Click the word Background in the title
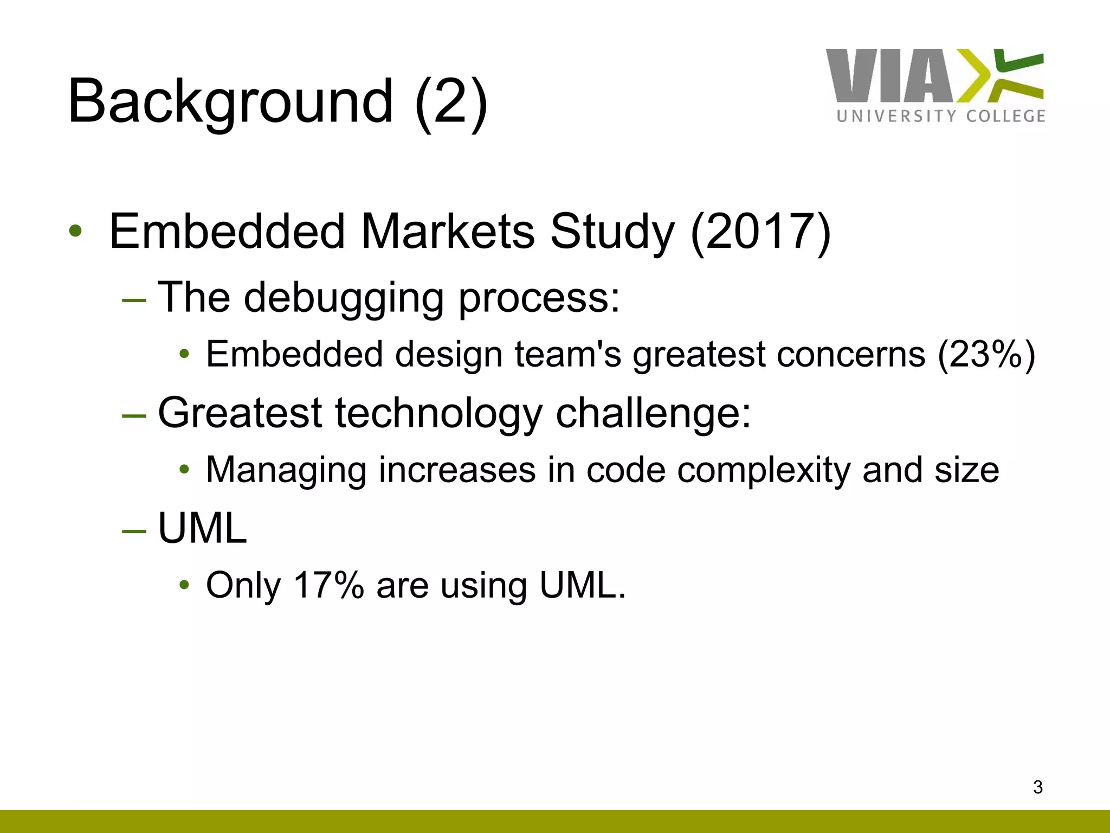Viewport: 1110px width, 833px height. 230,102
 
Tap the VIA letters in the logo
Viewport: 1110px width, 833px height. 889,76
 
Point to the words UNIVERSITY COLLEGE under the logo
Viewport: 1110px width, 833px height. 941,116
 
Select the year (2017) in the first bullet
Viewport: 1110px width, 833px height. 760,232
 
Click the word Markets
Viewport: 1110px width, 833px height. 448,232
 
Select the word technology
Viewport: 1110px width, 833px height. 439,413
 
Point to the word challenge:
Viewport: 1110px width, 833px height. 654,413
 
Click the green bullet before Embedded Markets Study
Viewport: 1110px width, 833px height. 75,232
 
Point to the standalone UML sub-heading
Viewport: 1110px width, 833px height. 202,528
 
